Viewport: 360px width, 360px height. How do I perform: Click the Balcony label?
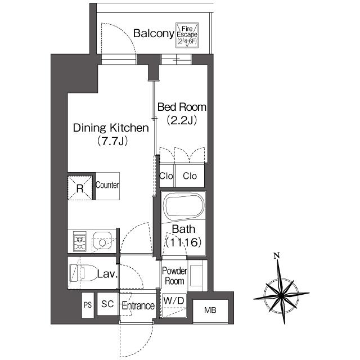click(x=154, y=34)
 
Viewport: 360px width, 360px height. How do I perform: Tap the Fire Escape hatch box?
click(x=187, y=35)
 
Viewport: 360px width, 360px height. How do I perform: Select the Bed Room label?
click(x=182, y=107)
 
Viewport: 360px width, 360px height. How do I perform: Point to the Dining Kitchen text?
click(x=111, y=128)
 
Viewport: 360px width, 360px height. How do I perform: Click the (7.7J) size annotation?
click(x=112, y=141)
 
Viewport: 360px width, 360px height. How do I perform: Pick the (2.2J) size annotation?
click(x=182, y=120)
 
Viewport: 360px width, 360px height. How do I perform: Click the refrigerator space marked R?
click(x=80, y=188)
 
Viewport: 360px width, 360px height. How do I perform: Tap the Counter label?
click(x=107, y=185)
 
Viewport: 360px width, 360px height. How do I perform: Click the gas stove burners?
click(x=79, y=241)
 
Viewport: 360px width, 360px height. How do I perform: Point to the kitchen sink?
click(x=102, y=241)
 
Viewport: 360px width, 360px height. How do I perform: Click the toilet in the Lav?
click(x=83, y=273)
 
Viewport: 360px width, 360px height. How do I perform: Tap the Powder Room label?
click(x=174, y=276)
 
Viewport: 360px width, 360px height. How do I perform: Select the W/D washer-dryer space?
click(x=174, y=305)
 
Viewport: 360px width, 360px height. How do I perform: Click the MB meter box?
click(x=210, y=310)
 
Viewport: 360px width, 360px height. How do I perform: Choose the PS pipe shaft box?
click(x=88, y=305)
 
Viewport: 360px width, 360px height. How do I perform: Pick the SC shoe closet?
click(x=107, y=304)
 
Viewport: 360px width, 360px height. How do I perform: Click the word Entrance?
click(x=138, y=306)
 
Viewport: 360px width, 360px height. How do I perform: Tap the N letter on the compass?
click(x=277, y=255)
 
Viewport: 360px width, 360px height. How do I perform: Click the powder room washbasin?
click(x=196, y=276)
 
